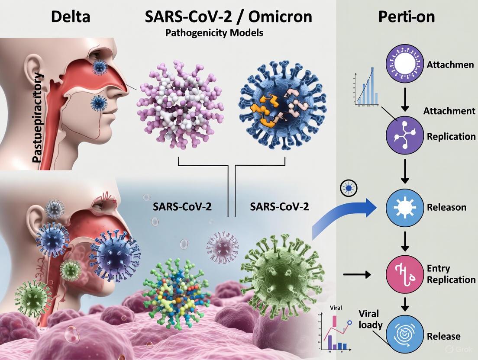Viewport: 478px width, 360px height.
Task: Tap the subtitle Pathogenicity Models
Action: tap(214, 33)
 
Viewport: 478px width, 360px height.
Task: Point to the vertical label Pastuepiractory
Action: tap(38, 118)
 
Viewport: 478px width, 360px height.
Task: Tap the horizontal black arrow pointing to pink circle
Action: tap(357, 274)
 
